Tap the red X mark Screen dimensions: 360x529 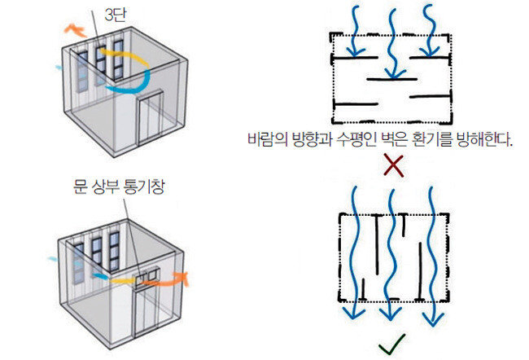click(394, 166)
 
